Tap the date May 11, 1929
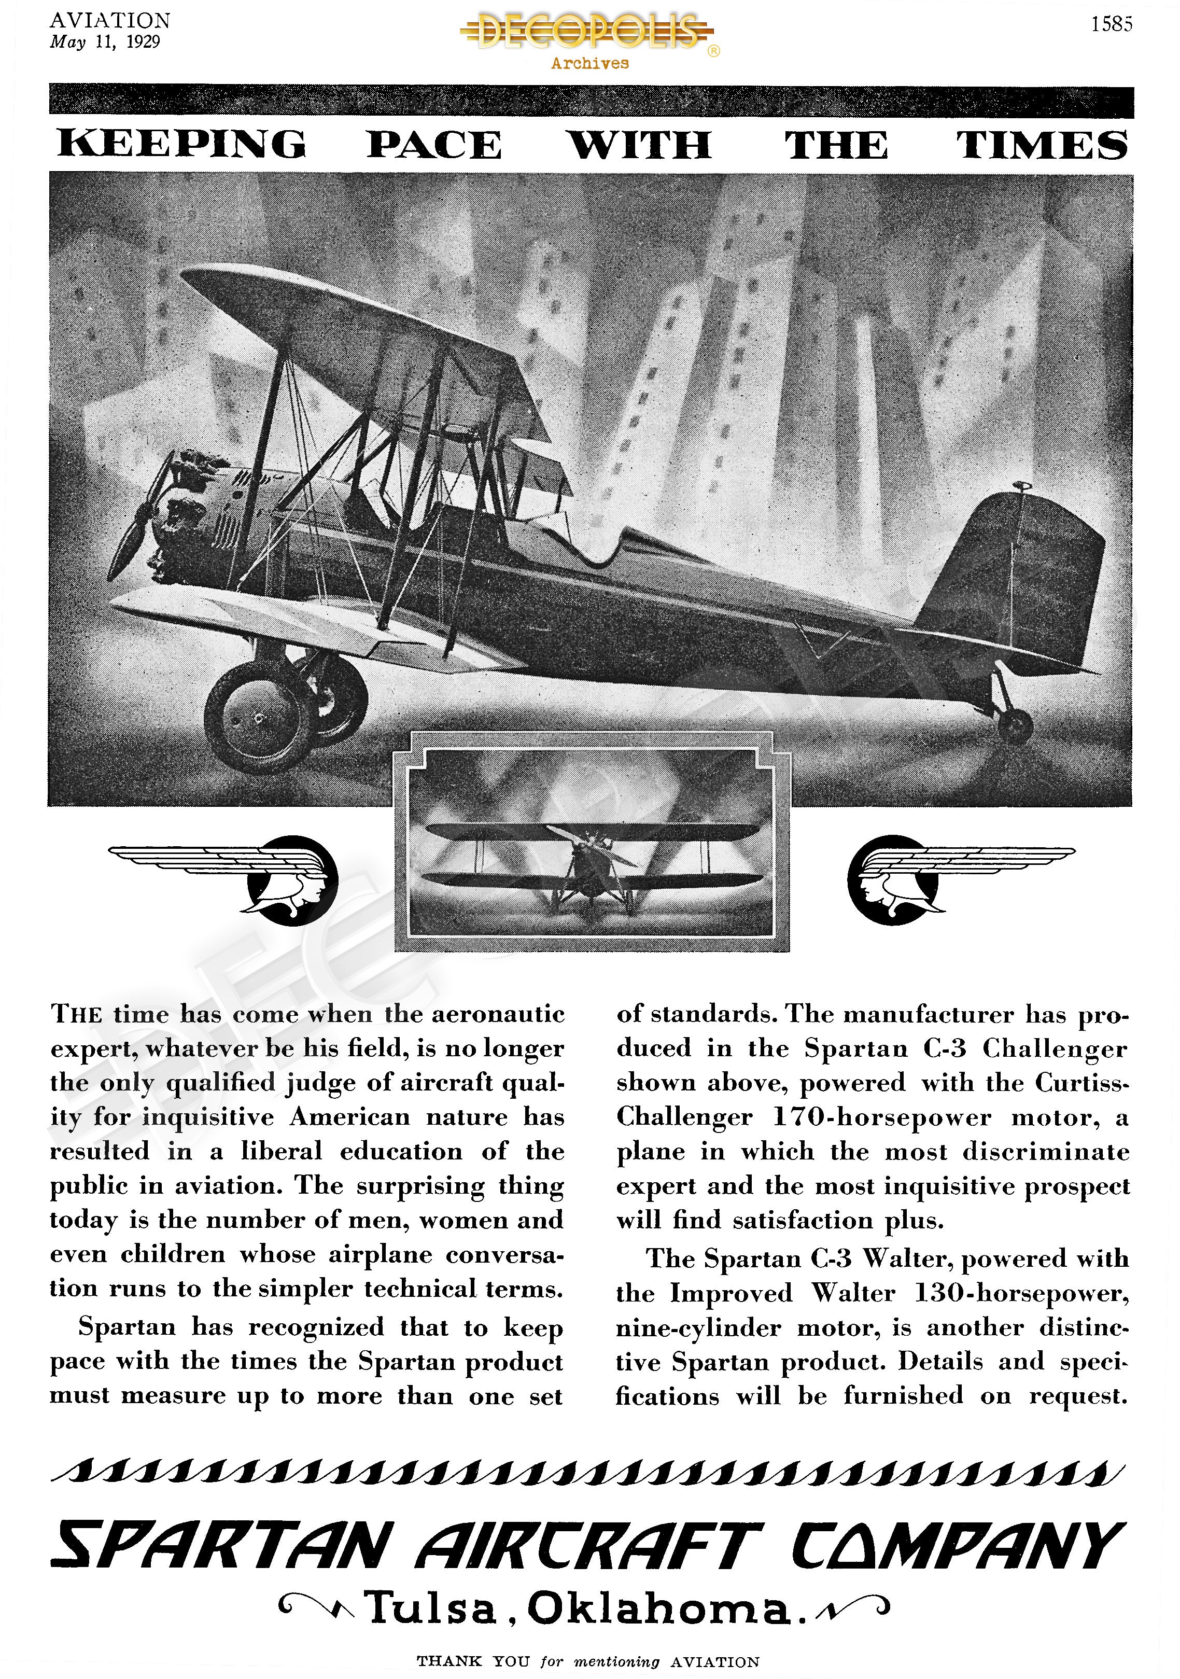click(105, 41)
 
